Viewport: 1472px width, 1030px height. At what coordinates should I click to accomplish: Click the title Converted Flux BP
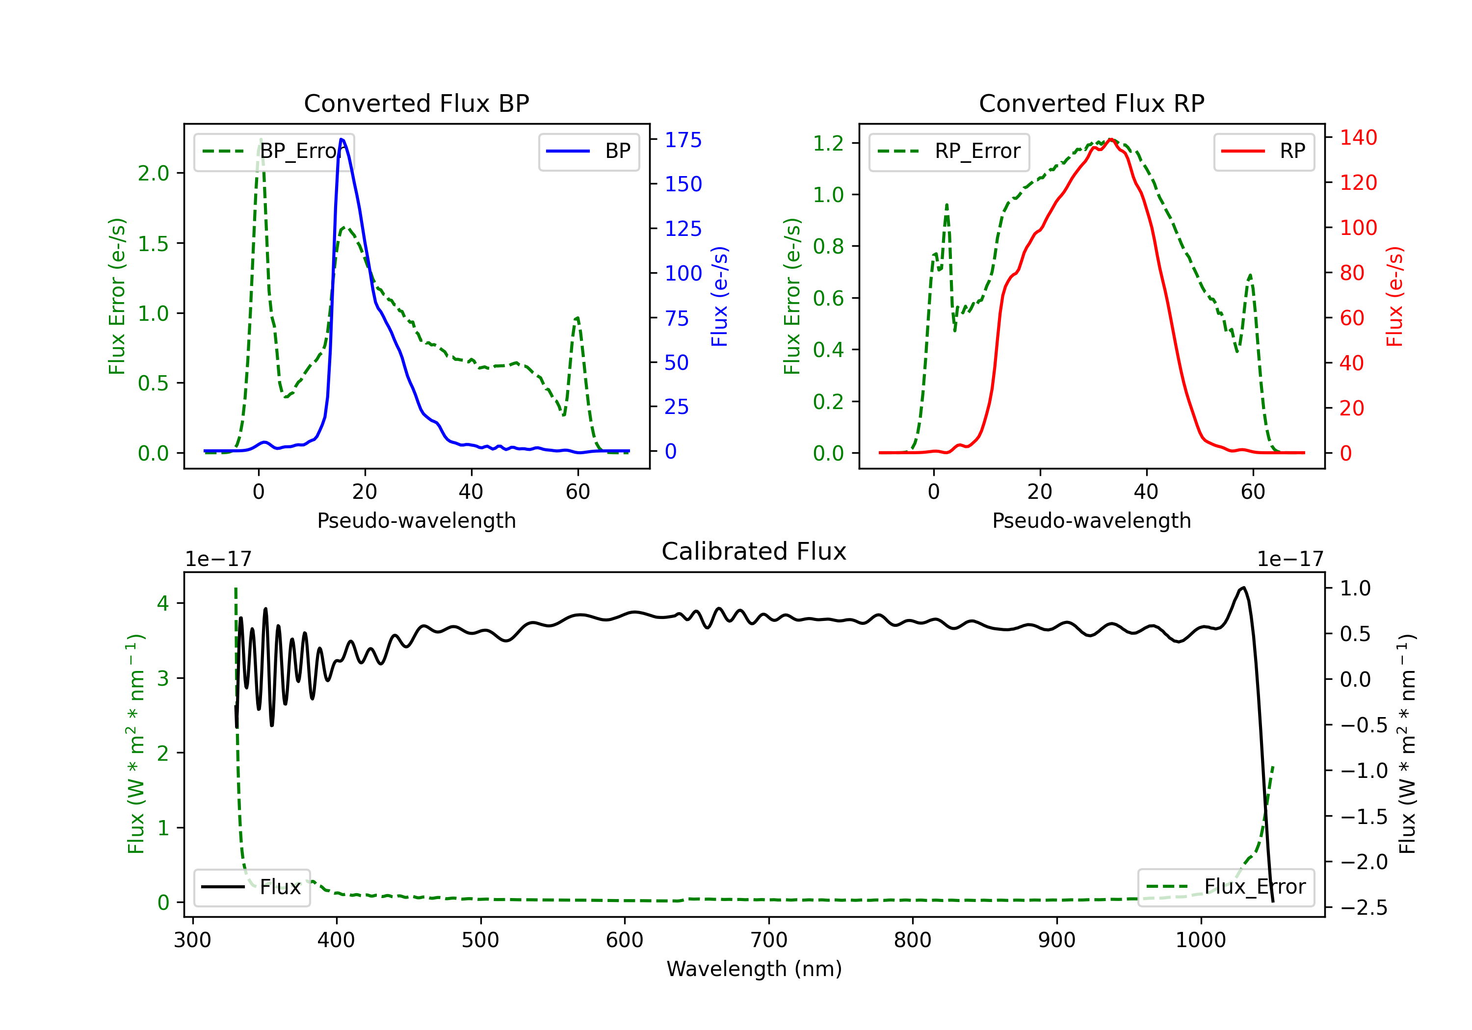(416, 103)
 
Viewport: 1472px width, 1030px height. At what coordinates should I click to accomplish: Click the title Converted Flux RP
(1091, 103)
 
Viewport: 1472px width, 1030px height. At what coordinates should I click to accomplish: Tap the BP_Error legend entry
(274, 151)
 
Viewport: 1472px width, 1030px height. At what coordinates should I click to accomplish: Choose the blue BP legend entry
(588, 151)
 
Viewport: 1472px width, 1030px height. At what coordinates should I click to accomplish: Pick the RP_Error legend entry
(949, 151)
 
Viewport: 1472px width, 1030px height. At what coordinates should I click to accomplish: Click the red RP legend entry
(1263, 151)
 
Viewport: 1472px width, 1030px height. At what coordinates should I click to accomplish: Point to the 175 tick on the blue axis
(683, 140)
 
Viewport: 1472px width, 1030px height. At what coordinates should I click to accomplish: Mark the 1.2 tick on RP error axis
(828, 143)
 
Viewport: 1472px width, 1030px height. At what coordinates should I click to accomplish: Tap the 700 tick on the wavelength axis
(769, 940)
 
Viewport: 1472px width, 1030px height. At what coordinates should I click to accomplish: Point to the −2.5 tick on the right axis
(1364, 907)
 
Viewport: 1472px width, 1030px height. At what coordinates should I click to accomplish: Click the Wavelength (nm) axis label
(754, 969)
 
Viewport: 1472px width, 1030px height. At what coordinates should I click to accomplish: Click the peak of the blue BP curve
(342, 139)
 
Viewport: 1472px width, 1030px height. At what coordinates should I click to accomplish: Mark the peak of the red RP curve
(1111, 139)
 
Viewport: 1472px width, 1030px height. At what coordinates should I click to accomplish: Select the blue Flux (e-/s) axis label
(719, 297)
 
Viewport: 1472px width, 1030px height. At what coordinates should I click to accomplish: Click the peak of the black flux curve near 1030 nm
(1244, 587)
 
